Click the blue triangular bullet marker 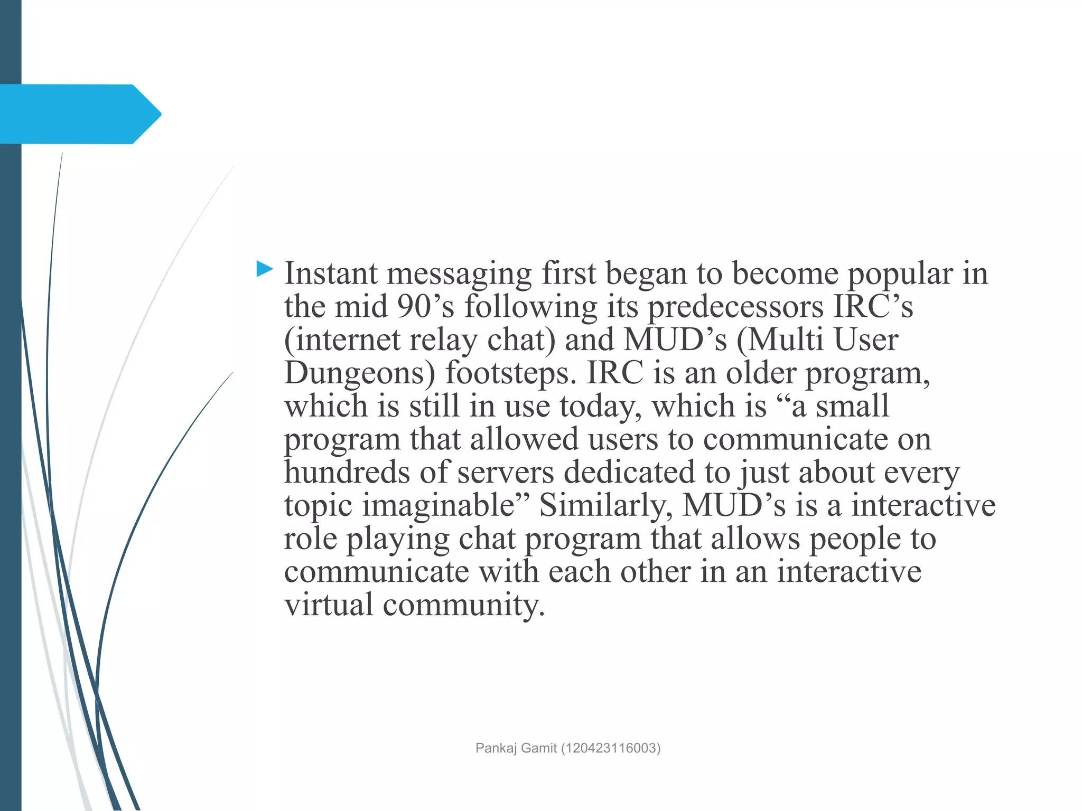click(x=264, y=269)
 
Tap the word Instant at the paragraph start click(x=331, y=274)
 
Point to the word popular click(x=900, y=275)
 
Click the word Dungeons click(x=359, y=374)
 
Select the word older click(x=760, y=373)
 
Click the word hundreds click(x=347, y=472)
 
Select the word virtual click(x=329, y=605)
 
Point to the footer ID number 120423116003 click(x=611, y=748)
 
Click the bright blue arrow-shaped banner click(x=79, y=114)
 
